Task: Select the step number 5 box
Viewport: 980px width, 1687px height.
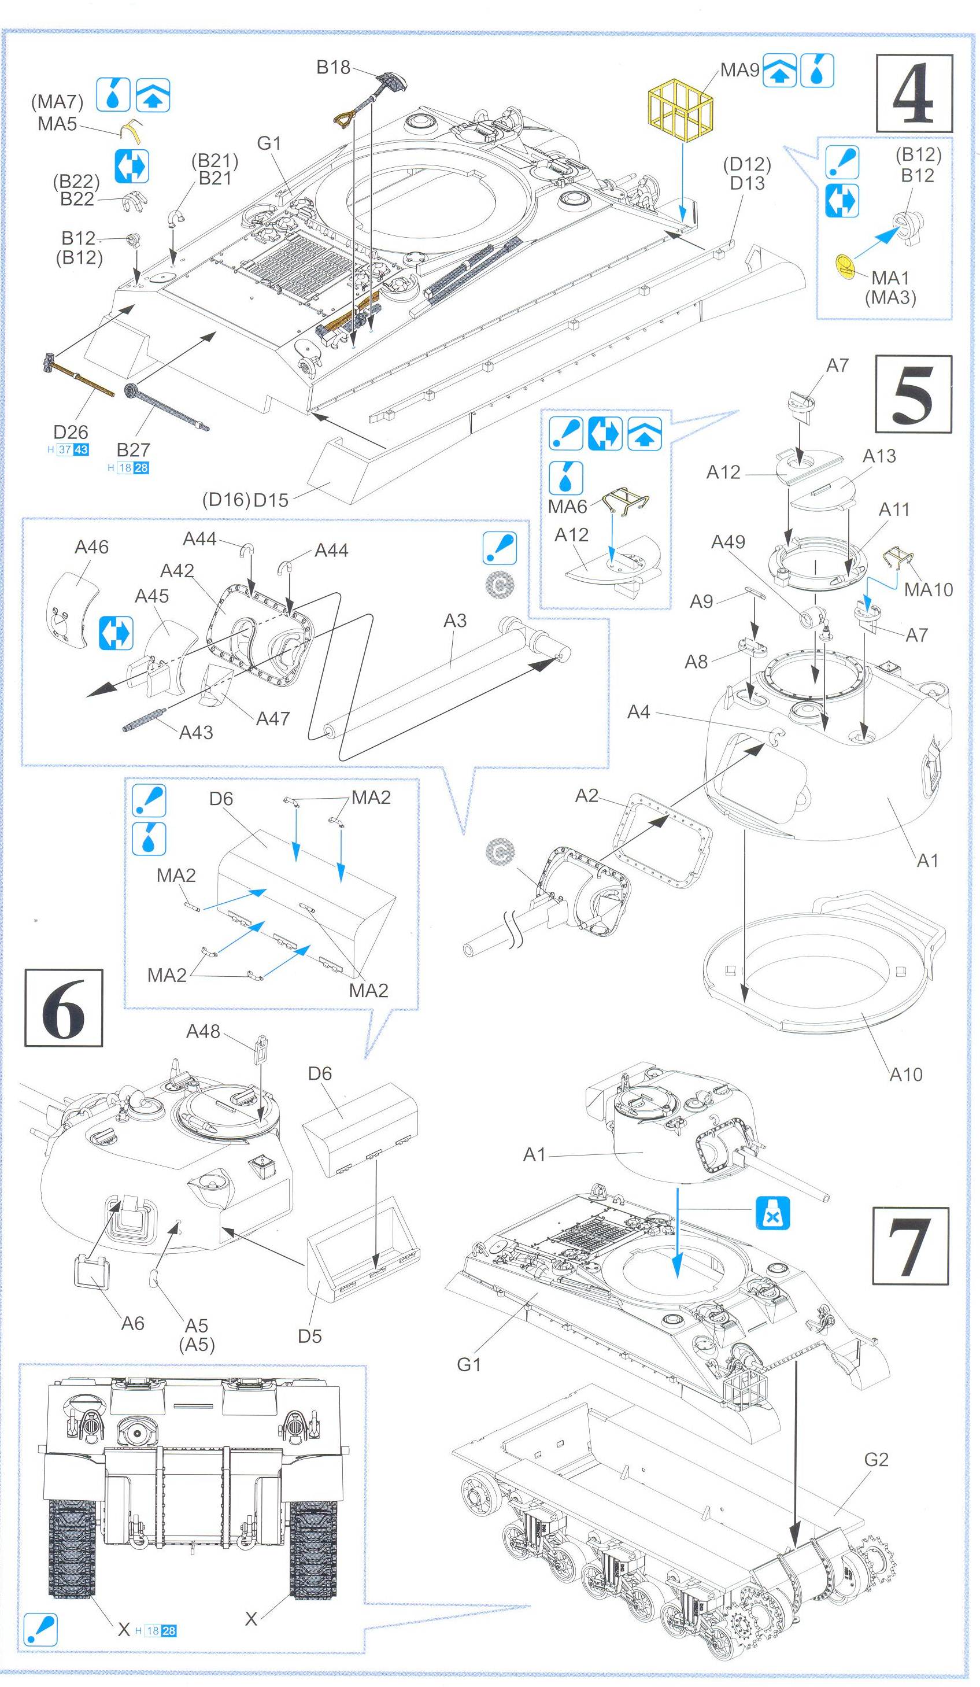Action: pyautogui.click(x=914, y=394)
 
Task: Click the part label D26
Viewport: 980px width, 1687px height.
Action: pyautogui.click(x=71, y=432)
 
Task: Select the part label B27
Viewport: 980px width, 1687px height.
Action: pyautogui.click(x=132, y=449)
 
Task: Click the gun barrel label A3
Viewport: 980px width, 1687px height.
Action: pyautogui.click(x=454, y=621)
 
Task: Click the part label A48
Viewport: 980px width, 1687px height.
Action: pyautogui.click(x=203, y=1032)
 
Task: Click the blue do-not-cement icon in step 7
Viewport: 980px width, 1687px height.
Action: pyautogui.click(x=772, y=1214)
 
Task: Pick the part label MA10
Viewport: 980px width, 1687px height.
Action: pyautogui.click(x=928, y=589)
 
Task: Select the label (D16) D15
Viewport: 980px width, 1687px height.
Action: pyautogui.click(x=245, y=500)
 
